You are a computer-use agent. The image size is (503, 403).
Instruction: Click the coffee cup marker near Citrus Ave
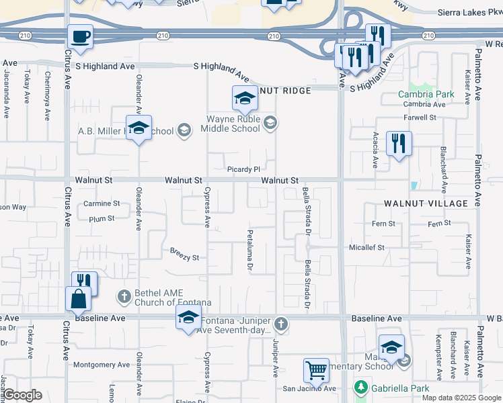tap(80, 37)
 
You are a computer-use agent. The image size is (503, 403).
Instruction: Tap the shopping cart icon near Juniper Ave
tap(316, 369)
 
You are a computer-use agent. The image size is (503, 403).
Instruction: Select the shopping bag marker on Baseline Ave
tap(79, 299)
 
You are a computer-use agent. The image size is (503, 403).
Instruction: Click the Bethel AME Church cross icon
tap(124, 296)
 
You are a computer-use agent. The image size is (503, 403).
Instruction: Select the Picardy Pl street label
tap(243, 169)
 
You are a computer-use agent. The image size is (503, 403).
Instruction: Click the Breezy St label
tap(185, 257)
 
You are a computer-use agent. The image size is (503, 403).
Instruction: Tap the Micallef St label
tap(366, 247)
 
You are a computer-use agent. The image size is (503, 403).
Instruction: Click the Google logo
tap(22, 395)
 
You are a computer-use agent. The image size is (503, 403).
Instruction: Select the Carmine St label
tap(102, 204)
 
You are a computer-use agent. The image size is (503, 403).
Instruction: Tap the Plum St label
tap(102, 218)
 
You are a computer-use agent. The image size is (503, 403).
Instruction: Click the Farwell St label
tap(420, 118)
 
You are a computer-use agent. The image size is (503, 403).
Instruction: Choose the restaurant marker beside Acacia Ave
tap(399, 144)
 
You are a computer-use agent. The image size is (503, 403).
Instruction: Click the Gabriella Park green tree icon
tap(360, 388)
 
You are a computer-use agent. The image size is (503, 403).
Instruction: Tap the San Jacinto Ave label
tap(309, 388)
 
